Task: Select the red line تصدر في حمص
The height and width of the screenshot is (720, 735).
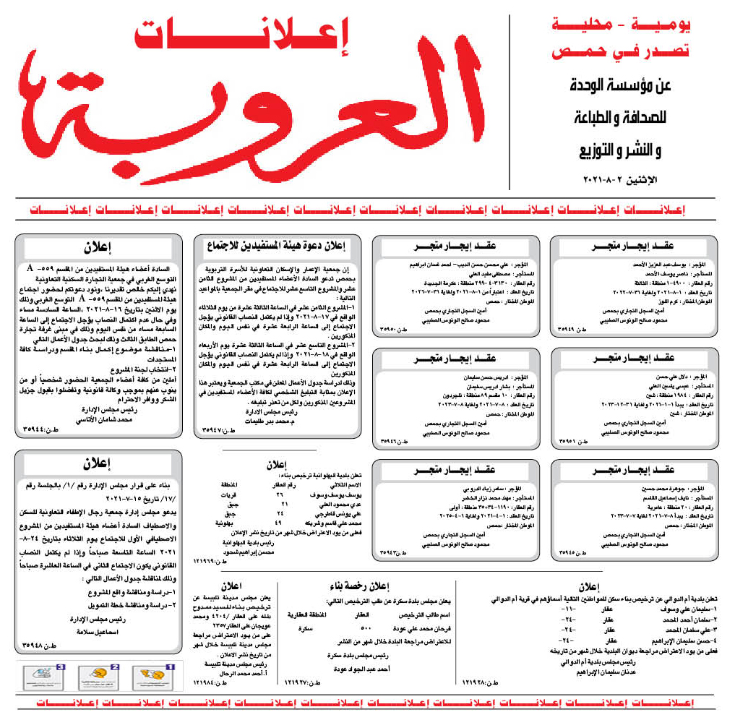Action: (621, 52)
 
